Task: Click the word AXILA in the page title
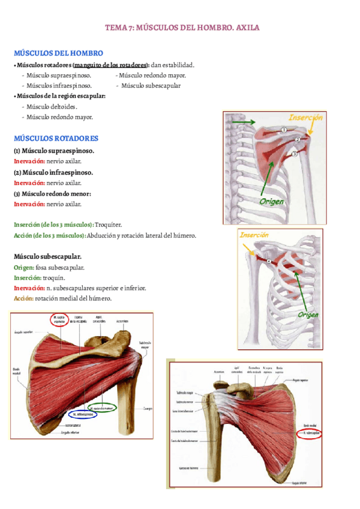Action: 247,28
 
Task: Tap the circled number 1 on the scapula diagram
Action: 283,130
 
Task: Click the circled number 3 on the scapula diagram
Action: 295,154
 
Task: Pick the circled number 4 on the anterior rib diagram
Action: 269,261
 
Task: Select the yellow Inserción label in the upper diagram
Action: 305,118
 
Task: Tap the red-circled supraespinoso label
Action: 59,319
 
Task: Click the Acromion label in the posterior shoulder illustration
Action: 122,321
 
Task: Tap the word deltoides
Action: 64,106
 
